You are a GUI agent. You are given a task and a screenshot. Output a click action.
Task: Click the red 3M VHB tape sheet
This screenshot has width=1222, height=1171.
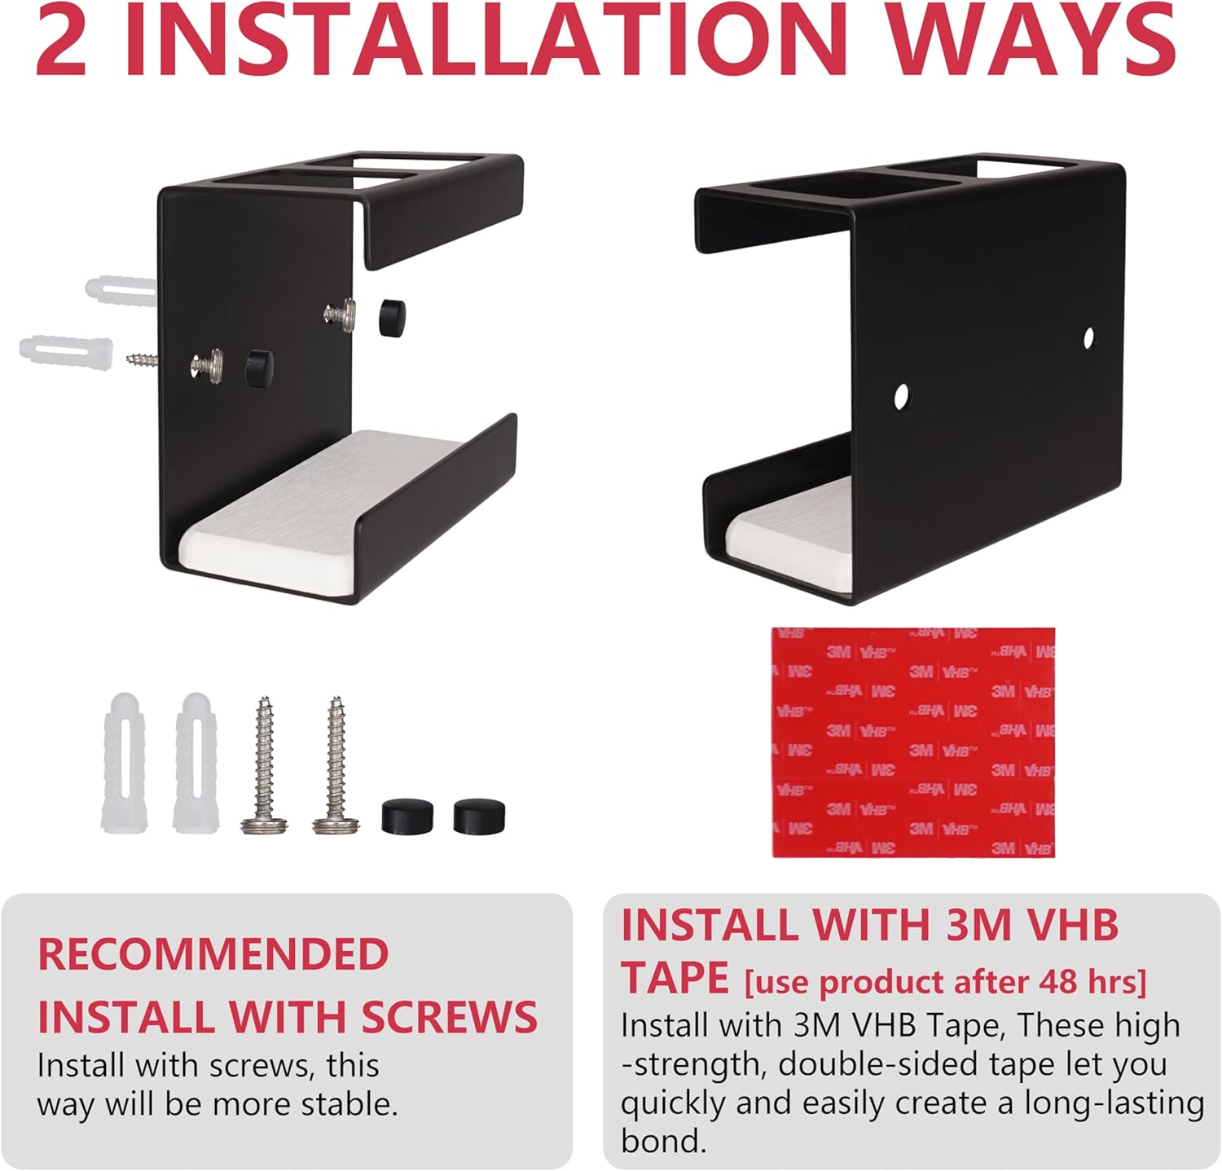point(913,742)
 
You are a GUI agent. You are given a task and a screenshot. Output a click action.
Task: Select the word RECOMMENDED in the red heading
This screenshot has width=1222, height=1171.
point(213,954)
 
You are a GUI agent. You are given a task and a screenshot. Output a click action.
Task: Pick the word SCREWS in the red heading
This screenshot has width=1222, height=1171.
point(449,1017)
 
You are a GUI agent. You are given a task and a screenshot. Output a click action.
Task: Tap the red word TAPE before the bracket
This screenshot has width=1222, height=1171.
point(675,978)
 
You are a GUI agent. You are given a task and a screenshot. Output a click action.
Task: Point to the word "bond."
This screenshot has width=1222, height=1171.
point(663,1141)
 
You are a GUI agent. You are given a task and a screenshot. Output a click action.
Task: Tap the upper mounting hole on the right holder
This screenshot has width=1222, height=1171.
point(1088,337)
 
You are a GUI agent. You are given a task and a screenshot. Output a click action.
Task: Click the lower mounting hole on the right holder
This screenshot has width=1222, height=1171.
point(901,397)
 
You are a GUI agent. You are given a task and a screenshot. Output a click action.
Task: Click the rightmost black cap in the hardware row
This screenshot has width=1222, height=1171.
point(479,817)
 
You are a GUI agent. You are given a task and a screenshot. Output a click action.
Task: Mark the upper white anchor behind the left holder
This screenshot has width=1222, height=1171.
point(121,290)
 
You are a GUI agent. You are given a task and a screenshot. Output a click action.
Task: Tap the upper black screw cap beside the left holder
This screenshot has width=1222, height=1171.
point(392,317)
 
